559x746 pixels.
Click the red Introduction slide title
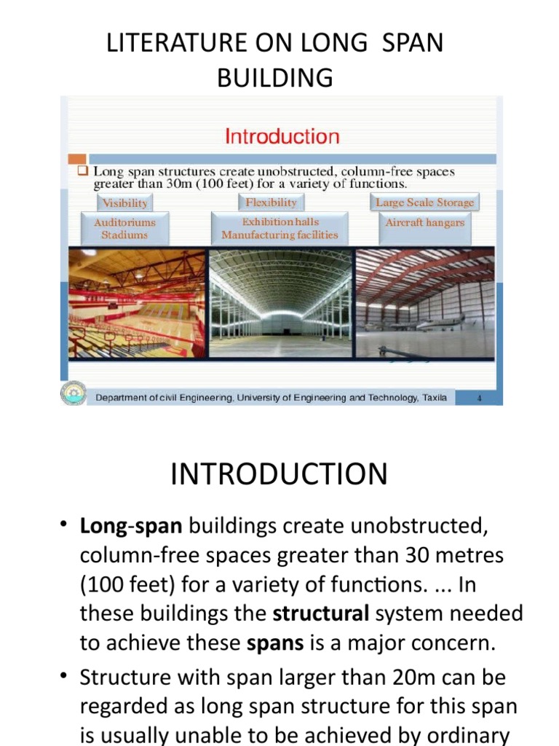(x=282, y=136)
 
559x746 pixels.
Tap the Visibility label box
(x=124, y=203)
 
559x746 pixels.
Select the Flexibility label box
(x=271, y=203)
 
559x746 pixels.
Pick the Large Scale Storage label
(x=424, y=203)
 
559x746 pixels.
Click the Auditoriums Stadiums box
(x=124, y=228)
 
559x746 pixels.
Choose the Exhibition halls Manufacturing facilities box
(x=279, y=228)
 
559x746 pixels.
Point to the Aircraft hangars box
(x=424, y=223)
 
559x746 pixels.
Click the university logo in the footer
(x=73, y=394)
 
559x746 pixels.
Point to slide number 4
(x=480, y=398)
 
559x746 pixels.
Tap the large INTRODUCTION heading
(x=279, y=474)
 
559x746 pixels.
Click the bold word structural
(x=321, y=613)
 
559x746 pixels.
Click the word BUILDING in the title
(x=275, y=77)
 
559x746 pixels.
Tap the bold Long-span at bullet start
(x=131, y=526)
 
